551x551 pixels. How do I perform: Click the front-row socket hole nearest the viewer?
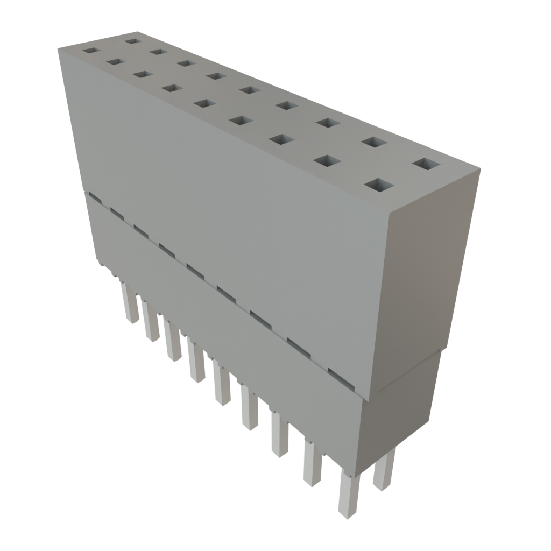[x=378, y=185]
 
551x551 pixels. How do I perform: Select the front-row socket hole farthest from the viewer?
[x=91, y=51]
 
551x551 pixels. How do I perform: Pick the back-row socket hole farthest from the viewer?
[x=131, y=40]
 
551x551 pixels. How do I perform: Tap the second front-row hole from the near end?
[x=327, y=160]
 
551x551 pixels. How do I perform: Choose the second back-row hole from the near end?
[x=374, y=142]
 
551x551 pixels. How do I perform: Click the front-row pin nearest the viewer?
[x=348, y=498]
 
